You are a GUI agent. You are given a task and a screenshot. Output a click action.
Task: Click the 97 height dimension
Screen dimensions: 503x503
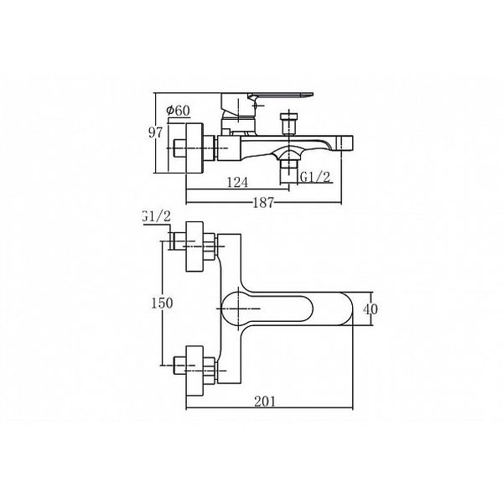coord(156,132)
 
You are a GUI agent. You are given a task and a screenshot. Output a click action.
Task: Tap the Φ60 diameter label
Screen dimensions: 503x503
coord(178,111)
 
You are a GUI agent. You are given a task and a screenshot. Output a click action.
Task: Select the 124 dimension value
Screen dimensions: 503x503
coord(237,183)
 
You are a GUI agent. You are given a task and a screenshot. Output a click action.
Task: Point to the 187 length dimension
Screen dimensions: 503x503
coord(263,202)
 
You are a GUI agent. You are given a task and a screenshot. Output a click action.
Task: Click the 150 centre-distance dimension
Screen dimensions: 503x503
coord(162,303)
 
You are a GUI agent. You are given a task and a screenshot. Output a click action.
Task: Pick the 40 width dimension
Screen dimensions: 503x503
coord(371,309)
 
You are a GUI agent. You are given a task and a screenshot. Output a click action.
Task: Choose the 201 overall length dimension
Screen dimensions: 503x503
coord(265,402)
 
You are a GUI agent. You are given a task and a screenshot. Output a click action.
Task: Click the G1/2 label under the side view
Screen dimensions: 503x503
coord(314,177)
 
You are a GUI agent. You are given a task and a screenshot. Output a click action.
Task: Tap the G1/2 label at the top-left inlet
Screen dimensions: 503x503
coord(157,216)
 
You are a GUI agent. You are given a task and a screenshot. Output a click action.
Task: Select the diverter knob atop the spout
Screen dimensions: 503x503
coord(288,123)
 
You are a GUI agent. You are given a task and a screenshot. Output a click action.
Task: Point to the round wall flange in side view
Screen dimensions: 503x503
coord(194,148)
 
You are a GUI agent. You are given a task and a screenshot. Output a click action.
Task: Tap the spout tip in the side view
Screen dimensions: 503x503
coord(346,143)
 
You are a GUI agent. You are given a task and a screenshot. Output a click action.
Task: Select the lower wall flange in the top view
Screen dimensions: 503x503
coord(194,371)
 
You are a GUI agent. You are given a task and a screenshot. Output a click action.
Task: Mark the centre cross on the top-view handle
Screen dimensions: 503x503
coord(240,309)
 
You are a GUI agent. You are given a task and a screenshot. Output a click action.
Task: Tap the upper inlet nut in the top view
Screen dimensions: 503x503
coord(209,246)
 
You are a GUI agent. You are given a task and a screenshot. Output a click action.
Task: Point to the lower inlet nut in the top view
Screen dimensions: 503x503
coord(209,371)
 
